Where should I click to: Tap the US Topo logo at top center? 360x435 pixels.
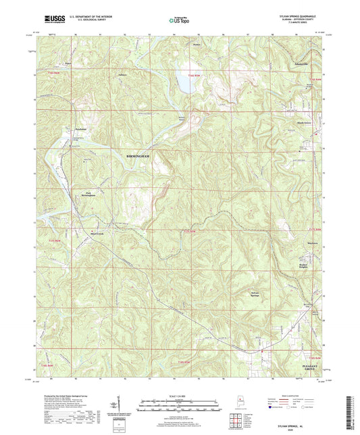179,21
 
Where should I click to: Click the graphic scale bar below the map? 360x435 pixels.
180,407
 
